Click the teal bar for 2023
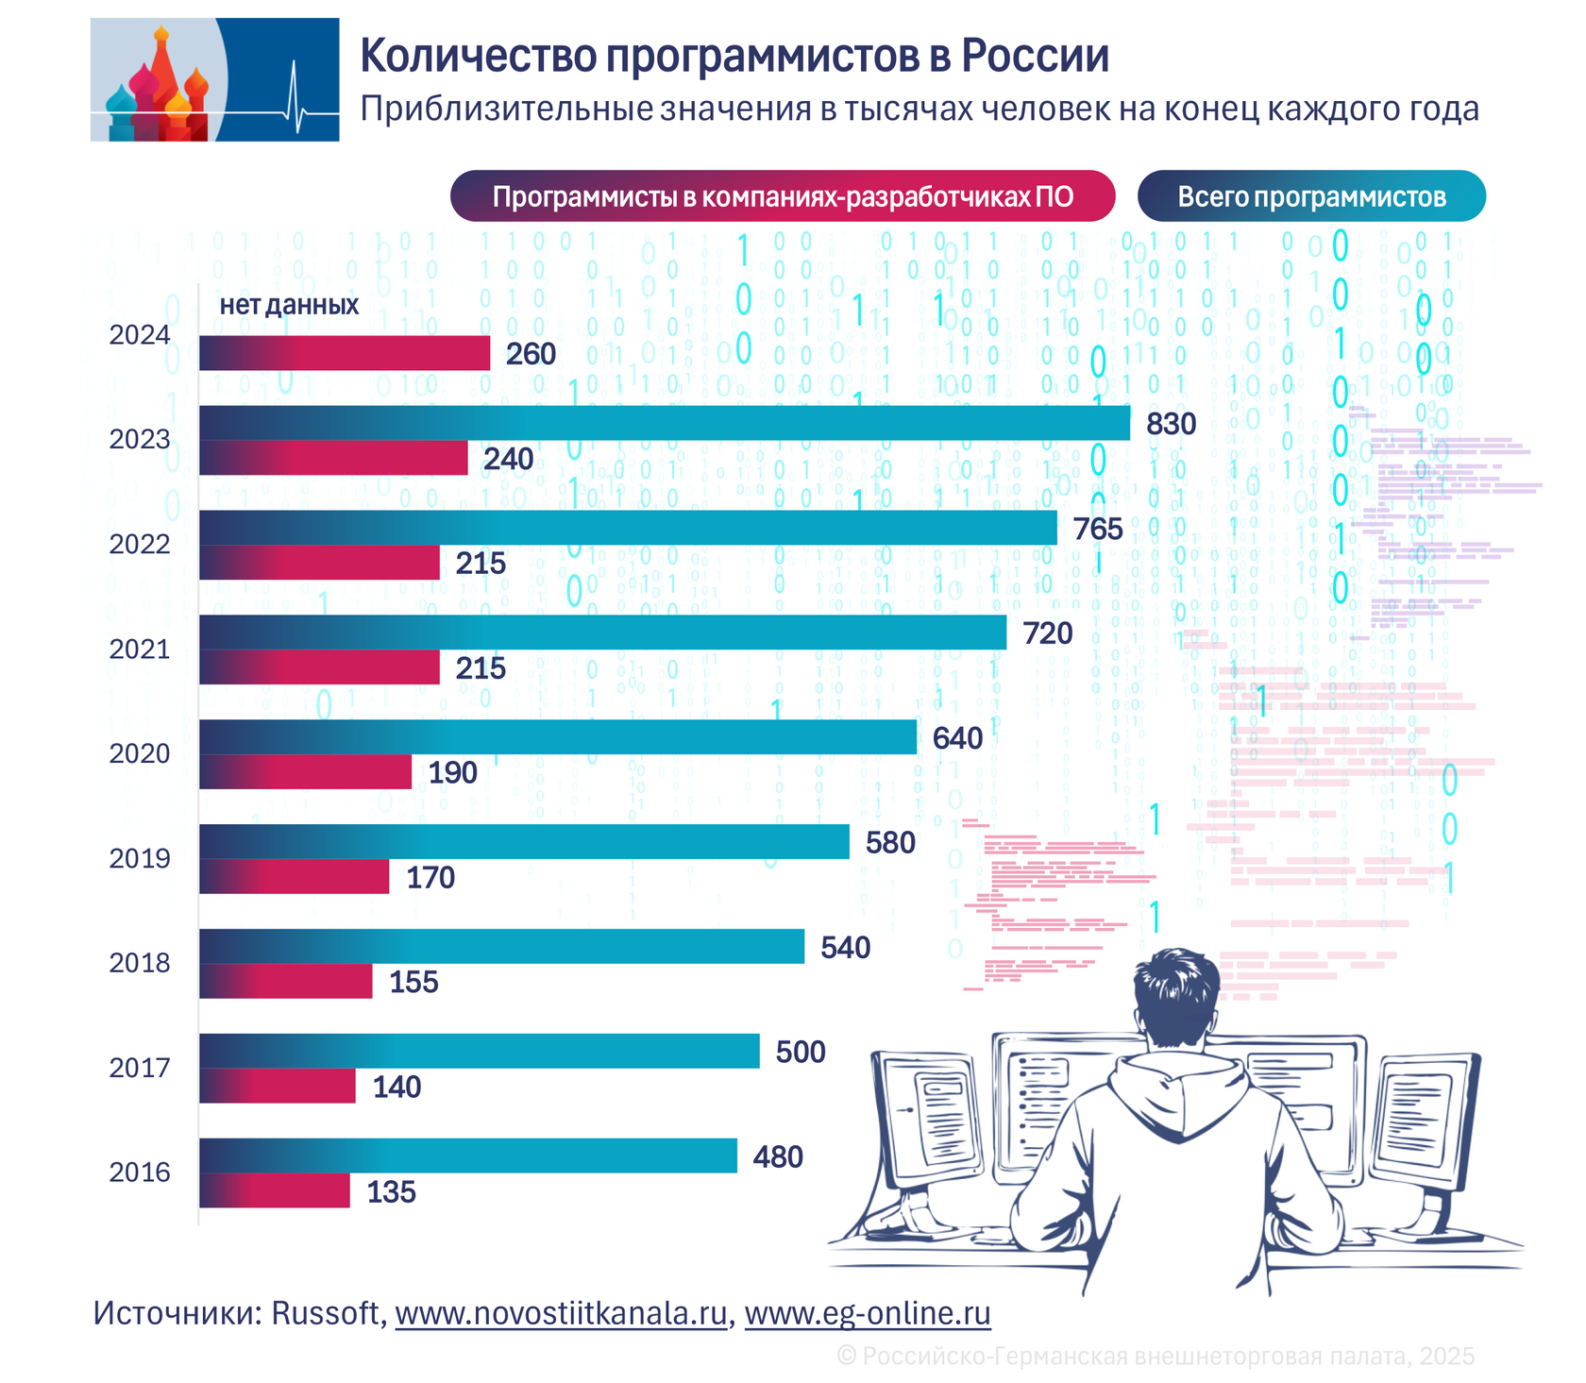[665, 423]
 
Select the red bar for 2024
[345, 353]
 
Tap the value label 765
[1098, 529]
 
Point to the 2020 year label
[140, 753]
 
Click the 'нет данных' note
[289, 305]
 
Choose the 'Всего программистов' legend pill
[1311, 196]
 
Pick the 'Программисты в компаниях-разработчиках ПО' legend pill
[783, 196]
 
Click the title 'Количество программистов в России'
[734, 56]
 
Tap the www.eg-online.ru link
[868, 1313]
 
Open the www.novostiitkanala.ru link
[562, 1313]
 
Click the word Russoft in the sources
[326, 1313]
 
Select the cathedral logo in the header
[214, 80]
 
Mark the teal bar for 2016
[468, 1155]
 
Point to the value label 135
[391, 1192]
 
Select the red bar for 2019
[295, 877]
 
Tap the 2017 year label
[140, 1068]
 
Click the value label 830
[1171, 424]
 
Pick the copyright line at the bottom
[1156, 1356]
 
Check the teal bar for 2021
[602, 632]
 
